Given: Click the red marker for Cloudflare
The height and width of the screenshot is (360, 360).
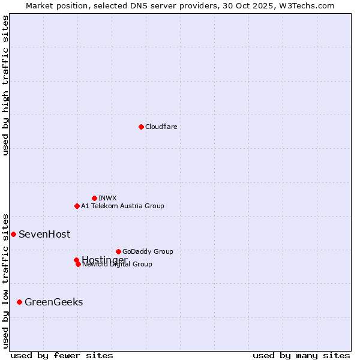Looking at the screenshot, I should tap(141, 127).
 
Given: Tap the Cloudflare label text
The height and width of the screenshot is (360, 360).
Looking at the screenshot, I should tap(161, 127).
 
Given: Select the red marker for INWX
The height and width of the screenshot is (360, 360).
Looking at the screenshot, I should tap(94, 198).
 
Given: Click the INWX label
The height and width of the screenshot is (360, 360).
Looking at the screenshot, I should tap(107, 198).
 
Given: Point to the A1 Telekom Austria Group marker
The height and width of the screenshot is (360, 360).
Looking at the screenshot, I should tap(77, 206).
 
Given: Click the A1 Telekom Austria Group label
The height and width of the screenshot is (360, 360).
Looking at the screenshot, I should tap(122, 206).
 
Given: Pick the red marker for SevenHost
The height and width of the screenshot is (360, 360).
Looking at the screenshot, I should tap(13, 234).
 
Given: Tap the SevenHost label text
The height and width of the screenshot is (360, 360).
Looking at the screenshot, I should tap(44, 234).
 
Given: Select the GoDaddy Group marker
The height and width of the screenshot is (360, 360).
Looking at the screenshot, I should tap(118, 251).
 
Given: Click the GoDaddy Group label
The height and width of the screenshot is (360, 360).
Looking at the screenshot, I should tap(148, 251).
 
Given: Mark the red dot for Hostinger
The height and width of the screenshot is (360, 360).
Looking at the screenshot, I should tap(76, 260).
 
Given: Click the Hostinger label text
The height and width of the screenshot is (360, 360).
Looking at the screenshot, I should tap(104, 259).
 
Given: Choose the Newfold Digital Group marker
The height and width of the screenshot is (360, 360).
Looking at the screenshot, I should tap(78, 264).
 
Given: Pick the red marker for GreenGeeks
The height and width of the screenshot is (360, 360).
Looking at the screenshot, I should tap(19, 302).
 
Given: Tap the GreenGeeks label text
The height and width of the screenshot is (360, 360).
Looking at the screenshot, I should tap(53, 302).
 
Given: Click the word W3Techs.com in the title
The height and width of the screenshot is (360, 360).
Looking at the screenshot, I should tap(306, 5).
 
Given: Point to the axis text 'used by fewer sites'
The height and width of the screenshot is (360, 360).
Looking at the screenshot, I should tap(62, 355).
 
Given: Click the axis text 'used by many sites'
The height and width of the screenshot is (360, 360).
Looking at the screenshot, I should tap(301, 355).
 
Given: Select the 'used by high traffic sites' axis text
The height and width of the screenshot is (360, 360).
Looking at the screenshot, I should tap(5, 85).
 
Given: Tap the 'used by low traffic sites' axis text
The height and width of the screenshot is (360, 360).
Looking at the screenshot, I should tap(5, 280).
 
